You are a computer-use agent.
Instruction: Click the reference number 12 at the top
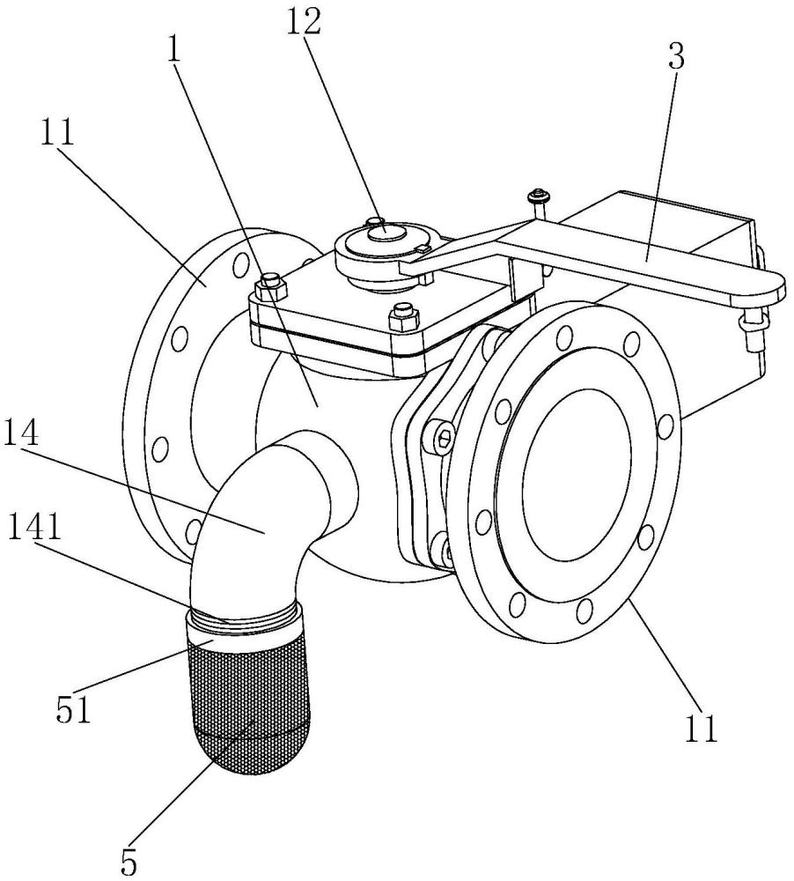303,22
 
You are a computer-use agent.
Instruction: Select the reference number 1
173,53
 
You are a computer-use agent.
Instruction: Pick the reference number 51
73,709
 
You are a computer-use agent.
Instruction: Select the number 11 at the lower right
701,729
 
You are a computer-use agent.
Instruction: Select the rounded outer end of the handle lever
770,285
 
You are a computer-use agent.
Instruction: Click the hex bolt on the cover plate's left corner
271,285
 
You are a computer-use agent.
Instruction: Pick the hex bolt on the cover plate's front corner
403,317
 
